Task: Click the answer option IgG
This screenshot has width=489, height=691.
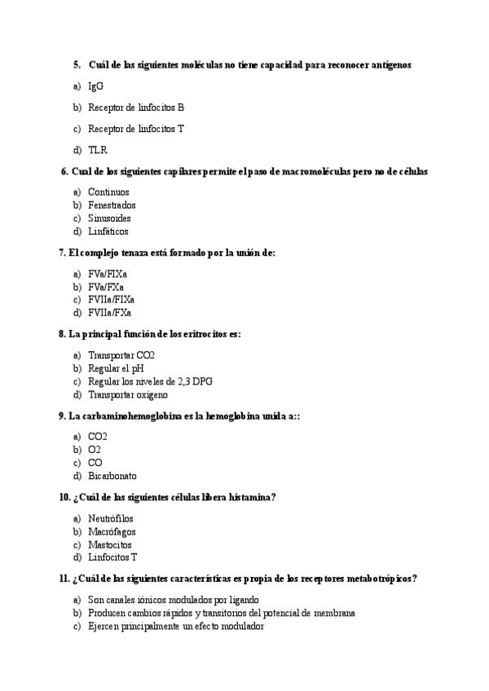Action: pyautogui.click(x=95, y=86)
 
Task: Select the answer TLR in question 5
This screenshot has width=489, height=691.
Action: pyautogui.click(x=98, y=150)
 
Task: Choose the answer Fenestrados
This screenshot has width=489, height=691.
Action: pyautogui.click(x=112, y=205)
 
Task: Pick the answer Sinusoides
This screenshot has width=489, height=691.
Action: pyautogui.click(x=109, y=218)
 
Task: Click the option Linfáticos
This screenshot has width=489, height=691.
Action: pyautogui.click(x=108, y=231)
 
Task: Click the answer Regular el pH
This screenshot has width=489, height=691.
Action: pyautogui.click(x=115, y=368)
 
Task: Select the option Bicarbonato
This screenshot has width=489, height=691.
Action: pyautogui.click(x=112, y=476)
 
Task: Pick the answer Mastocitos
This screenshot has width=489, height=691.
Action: pyautogui.click(x=109, y=544)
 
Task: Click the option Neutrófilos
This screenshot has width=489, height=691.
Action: pyautogui.click(x=110, y=518)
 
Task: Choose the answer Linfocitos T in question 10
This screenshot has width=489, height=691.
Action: pyautogui.click(x=112, y=557)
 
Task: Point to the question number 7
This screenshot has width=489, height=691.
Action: pyautogui.click(x=62, y=253)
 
